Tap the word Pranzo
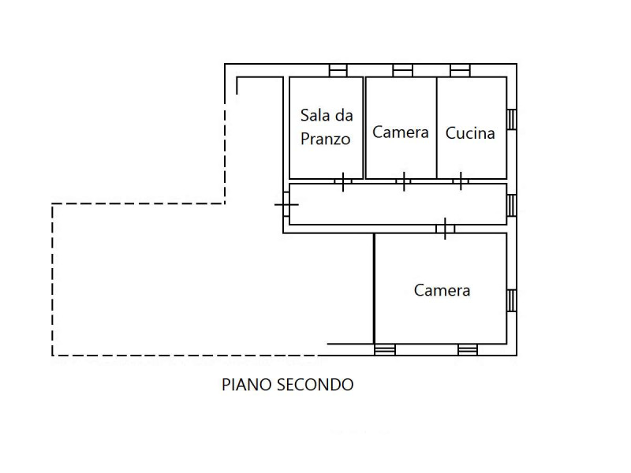point(325,140)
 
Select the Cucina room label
point(470,133)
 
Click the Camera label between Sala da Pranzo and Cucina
point(401,132)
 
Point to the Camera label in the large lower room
point(442,290)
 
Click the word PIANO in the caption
point(247,385)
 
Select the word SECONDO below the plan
point(315,385)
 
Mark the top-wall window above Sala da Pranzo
point(338,70)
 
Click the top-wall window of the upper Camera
point(402,70)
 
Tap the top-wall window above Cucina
point(461,70)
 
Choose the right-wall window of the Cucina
point(511,120)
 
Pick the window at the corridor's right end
point(511,205)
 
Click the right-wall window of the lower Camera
point(511,300)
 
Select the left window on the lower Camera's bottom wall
point(385,349)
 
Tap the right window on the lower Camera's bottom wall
point(468,349)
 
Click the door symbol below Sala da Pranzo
point(343,182)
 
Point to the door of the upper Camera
point(404,182)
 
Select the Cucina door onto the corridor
point(461,182)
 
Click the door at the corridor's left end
point(286,204)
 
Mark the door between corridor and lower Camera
point(445,229)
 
